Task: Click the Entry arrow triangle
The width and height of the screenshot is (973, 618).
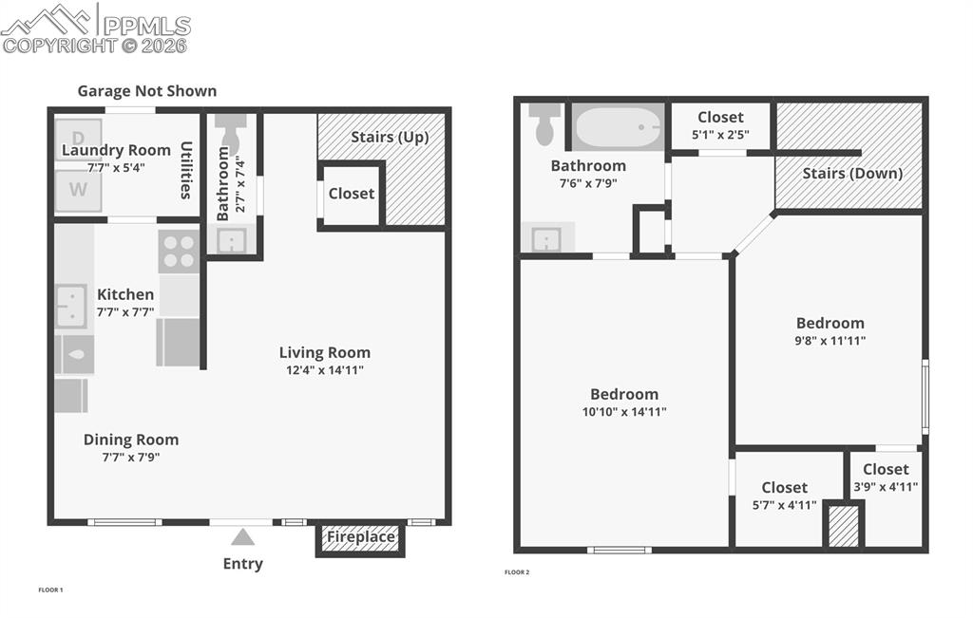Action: pos(243,537)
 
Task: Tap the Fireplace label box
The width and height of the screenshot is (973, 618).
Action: pos(361,538)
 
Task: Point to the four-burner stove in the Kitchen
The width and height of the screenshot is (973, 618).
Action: pos(178,252)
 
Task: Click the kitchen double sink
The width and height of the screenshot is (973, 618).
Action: pos(71,306)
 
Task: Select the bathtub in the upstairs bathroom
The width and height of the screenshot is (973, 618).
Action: pos(619,127)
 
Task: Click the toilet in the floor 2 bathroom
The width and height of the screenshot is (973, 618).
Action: pos(544,124)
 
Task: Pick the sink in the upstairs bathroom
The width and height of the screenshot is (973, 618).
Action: pos(546,238)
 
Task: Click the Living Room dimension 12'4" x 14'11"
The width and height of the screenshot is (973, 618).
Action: pos(325,370)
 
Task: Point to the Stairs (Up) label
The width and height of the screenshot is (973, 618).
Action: pos(390,137)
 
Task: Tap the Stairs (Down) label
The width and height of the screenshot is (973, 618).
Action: pos(852,173)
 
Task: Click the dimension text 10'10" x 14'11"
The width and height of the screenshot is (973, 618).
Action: pos(623,412)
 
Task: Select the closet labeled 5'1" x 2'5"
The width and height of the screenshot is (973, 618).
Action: pos(720,126)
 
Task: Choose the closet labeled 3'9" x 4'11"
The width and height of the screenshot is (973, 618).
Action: pos(886,478)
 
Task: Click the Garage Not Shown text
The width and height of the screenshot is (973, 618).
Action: pos(147,91)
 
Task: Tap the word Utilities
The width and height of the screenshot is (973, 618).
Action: pos(186,170)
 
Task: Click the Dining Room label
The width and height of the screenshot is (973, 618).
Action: pos(131,440)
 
